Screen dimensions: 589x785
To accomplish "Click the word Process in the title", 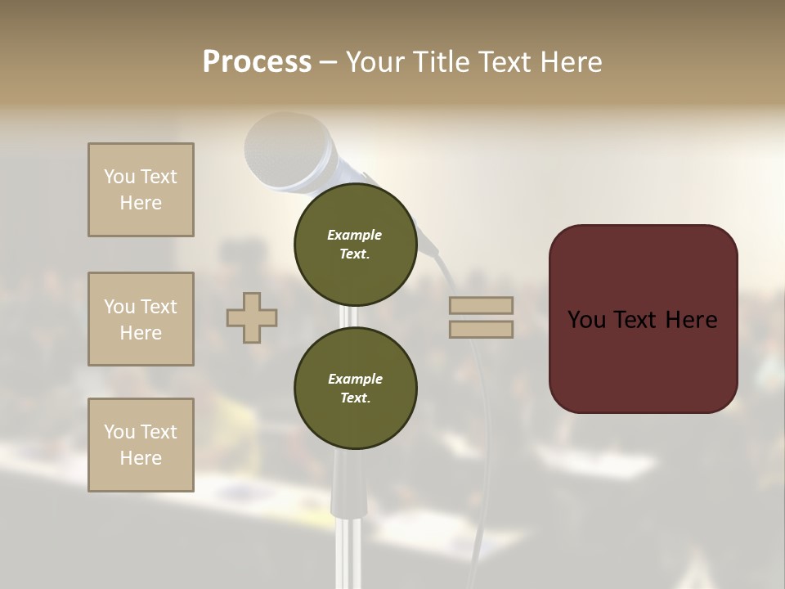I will [x=257, y=62].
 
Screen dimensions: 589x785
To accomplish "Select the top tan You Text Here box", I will [x=141, y=190].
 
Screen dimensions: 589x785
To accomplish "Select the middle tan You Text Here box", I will [x=141, y=319].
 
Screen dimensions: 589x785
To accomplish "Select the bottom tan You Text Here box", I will [x=141, y=445].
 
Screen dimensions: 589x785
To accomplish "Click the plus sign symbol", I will [x=252, y=317].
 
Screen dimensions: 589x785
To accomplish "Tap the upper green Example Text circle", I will [x=355, y=244].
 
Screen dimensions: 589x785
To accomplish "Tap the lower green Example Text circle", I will [x=355, y=388].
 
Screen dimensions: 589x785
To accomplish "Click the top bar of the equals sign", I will [x=481, y=306].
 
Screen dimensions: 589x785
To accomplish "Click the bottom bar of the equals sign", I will [x=481, y=330].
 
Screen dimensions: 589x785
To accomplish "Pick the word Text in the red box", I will [x=643, y=320].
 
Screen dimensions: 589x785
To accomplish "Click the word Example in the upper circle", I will [x=355, y=235].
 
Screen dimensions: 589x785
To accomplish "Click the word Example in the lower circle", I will [x=355, y=379].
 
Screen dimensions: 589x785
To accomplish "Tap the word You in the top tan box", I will [x=119, y=177].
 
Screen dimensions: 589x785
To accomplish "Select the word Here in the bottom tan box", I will [x=141, y=458].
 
